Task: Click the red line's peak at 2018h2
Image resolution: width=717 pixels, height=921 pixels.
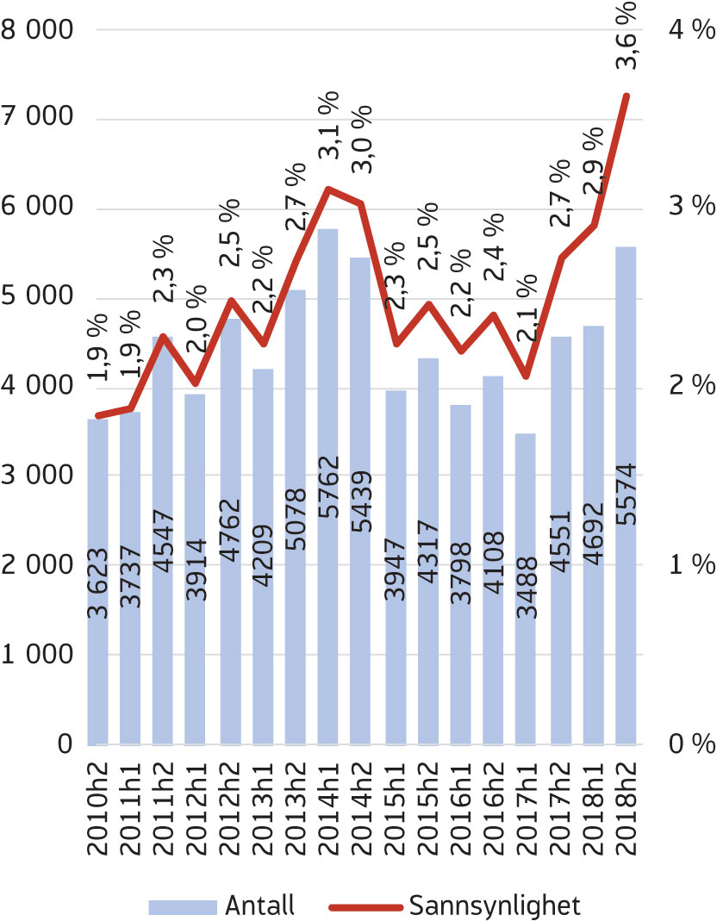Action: (x=627, y=96)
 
